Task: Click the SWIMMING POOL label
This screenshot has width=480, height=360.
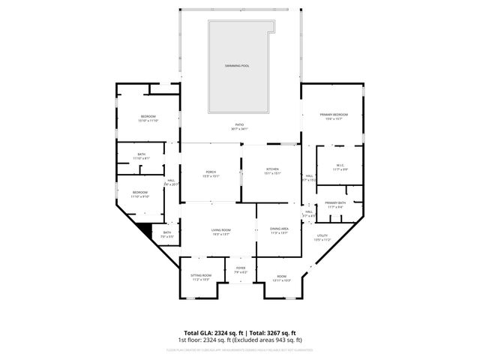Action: (237, 66)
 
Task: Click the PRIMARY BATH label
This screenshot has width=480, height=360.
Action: (335, 204)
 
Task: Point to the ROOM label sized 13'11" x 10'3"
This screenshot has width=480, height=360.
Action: (281, 277)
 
